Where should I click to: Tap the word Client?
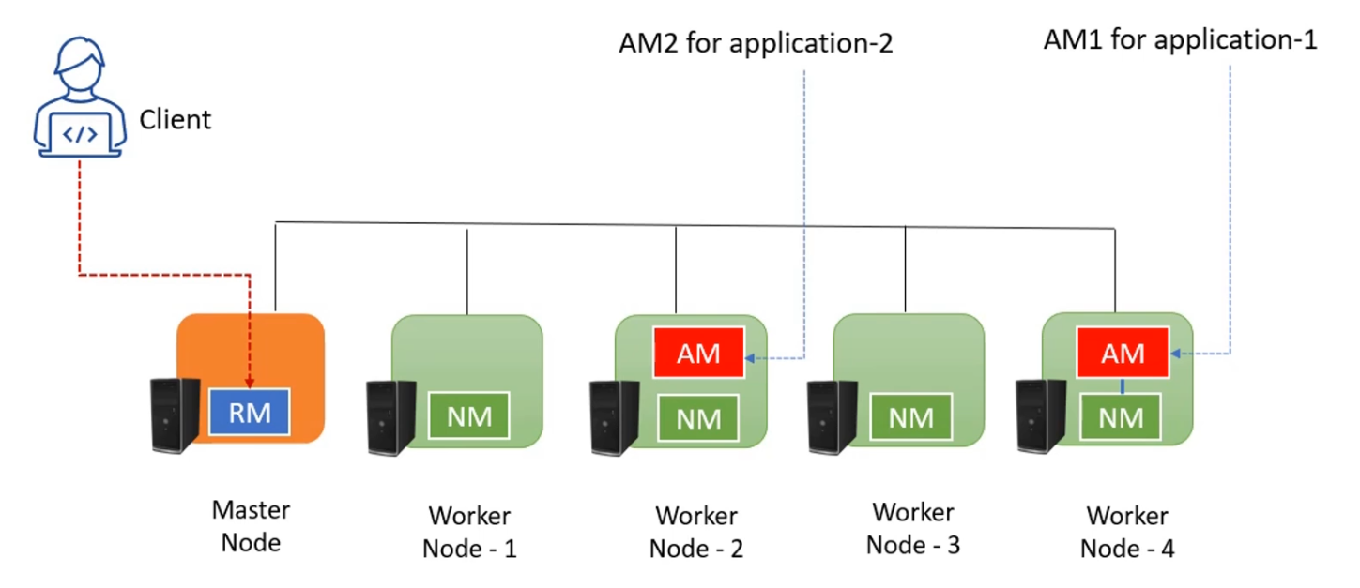[176, 120]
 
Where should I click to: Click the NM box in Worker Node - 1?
[469, 416]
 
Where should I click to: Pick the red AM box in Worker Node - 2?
[698, 354]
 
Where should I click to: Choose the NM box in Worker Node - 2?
[698, 418]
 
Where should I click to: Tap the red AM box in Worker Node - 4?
[1123, 354]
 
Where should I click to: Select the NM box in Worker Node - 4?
[1122, 418]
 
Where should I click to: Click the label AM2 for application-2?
[754, 43]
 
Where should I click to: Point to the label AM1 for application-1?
[1180, 39]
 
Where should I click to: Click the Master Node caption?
[252, 526]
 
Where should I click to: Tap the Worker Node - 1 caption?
[469, 532]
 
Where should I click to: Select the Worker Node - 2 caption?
[696, 532]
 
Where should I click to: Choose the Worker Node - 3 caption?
[913, 529]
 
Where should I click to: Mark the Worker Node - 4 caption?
[1127, 532]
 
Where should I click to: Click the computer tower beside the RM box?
[176, 417]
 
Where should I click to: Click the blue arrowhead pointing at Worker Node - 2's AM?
[751, 357]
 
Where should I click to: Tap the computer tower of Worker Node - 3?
[833, 417]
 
